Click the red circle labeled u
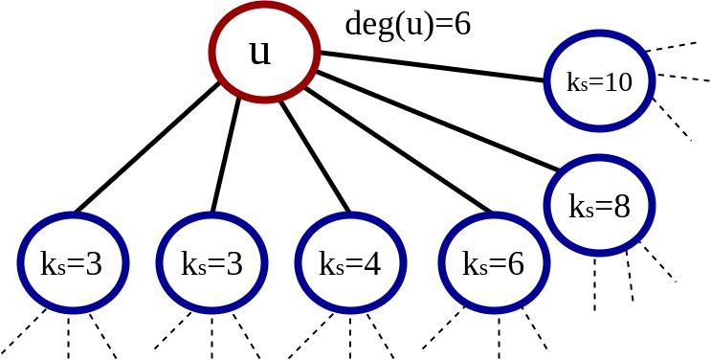point(259,53)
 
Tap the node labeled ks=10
point(600,82)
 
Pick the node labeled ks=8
point(600,207)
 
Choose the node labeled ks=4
point(349,263)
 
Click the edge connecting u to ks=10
point(431,66)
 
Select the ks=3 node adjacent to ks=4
point(211,263)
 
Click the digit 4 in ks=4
point(371,263)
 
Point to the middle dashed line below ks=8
point(630,276)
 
